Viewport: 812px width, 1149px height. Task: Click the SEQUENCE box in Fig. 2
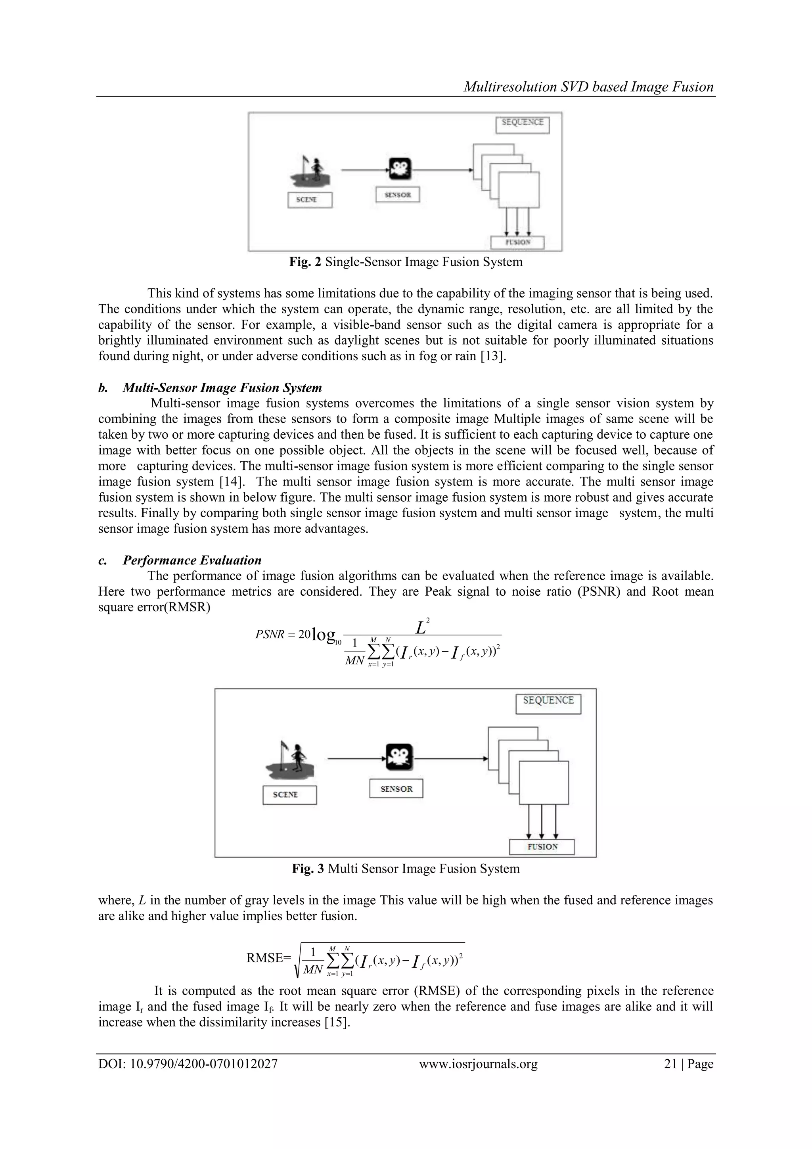[522, 125]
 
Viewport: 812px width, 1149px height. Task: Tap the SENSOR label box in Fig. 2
[398, 195]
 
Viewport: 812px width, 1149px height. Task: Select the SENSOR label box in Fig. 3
[396, 789]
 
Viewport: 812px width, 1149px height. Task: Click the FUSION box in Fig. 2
[517, 242]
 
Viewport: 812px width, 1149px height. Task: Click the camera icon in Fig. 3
[399, 757]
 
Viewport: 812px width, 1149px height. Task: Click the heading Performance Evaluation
[192, 560]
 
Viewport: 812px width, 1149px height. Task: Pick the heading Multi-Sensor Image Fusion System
[222, 388]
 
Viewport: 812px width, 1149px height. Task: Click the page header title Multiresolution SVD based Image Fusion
[588, 87]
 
